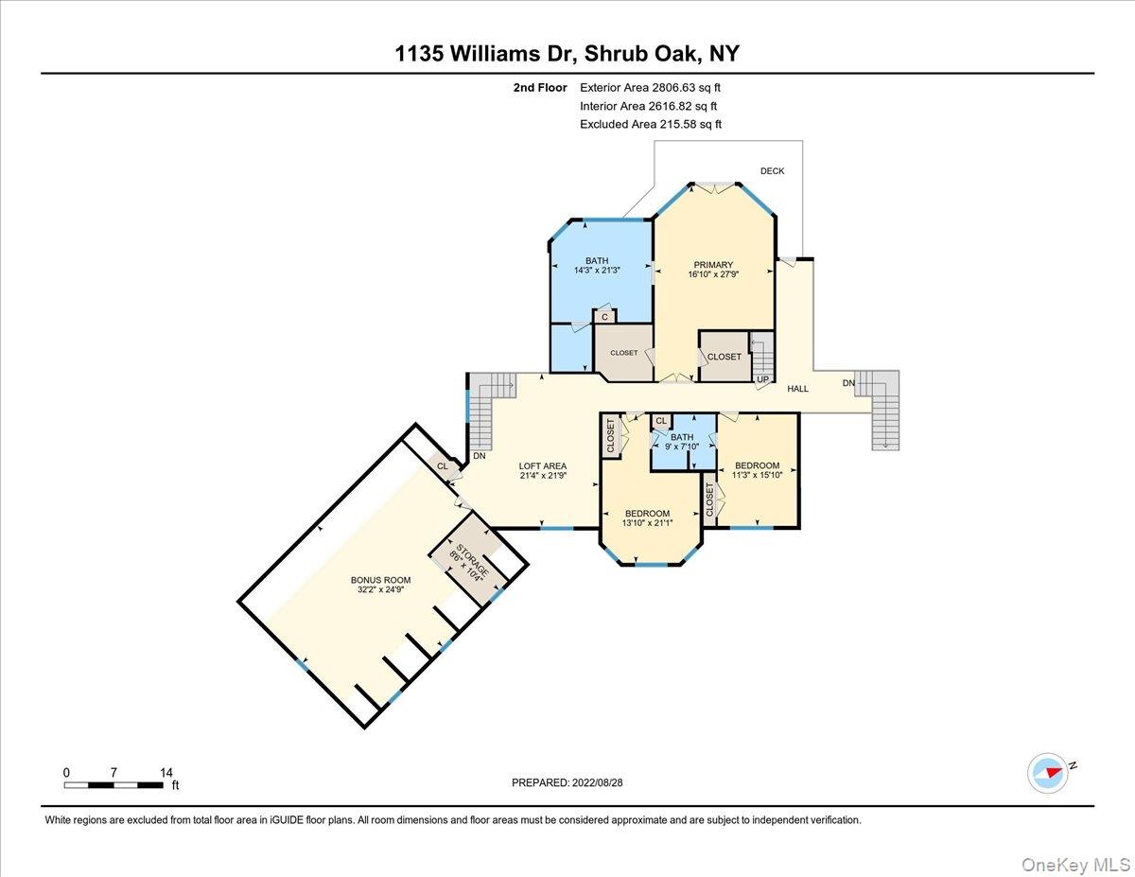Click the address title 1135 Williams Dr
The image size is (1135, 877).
pyautogui.click(x=567, y=54)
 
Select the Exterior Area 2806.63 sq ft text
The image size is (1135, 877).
pyautogui.click(x=656, y=87)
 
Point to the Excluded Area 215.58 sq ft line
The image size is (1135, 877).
pyautogui.click(x=651, y=124)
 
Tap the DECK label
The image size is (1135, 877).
pyautogui.click(x=772, y=171)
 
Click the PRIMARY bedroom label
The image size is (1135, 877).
pyautogui.click(x=713, y=265)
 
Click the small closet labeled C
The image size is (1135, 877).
pyautogui.click(x=604, y=317)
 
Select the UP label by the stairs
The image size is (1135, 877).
pyautogui.click(x=761, y=379)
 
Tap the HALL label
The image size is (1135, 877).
pyautogui.click(x=798, y=388)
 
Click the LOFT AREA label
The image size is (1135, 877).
pyautogui.click(x=542, y=465)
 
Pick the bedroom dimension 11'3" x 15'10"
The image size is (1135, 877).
pyautogui.click(x=757, y=476)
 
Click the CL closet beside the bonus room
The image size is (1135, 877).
pyautogui.click(x=442, y=465)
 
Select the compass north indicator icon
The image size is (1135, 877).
pyautogui.click(x=1048, y=772)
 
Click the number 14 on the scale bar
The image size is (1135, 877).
pyautogui.click(x=166, y=772)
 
